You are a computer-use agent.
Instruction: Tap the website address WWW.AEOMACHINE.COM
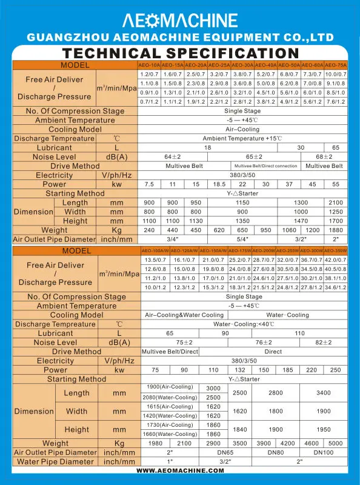(180, 470)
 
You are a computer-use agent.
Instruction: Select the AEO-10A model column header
(150, 65)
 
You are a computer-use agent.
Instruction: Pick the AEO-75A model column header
(336, 65)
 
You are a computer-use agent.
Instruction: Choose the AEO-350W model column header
(337, 251)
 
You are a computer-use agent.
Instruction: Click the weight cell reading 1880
(336, 230)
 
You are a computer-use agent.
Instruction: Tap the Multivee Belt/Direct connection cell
(265, 166)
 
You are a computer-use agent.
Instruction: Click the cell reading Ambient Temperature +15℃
(242, 139)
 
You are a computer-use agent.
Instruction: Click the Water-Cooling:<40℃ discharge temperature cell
(242, 324)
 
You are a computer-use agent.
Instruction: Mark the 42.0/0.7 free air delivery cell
(337, 260)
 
